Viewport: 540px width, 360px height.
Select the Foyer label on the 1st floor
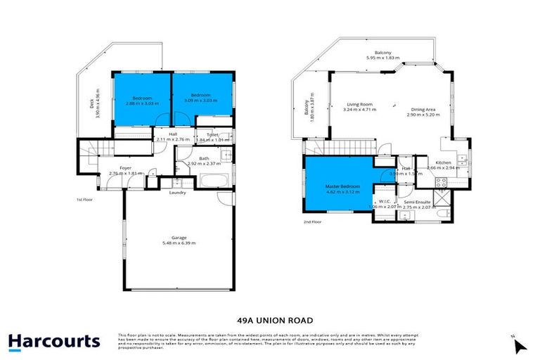[125, 168]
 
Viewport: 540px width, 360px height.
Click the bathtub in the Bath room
[211, 181]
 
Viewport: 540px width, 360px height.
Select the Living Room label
[357, 105]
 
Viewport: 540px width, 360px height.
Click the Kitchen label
[443, 164]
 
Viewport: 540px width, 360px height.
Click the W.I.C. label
[384, 202]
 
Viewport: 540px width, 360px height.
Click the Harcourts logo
[54, 342]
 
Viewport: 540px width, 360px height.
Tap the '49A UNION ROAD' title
[270, 316]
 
